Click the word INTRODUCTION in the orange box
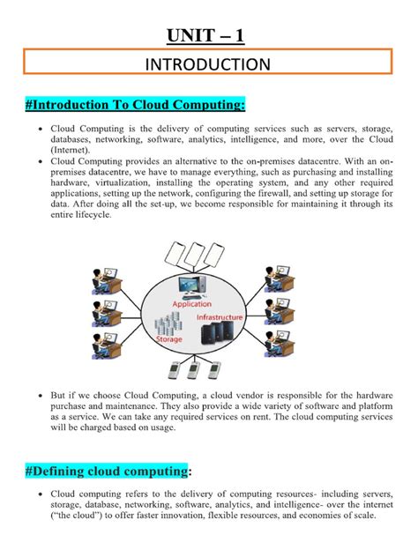[x=208, y=64]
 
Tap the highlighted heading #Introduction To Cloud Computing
[x=136, y=105]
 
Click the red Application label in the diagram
[x=191, y=303]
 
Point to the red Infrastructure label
[x=239, y=313]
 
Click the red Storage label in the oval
[x=169, y=338]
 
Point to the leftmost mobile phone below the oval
[x=180, y=366]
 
